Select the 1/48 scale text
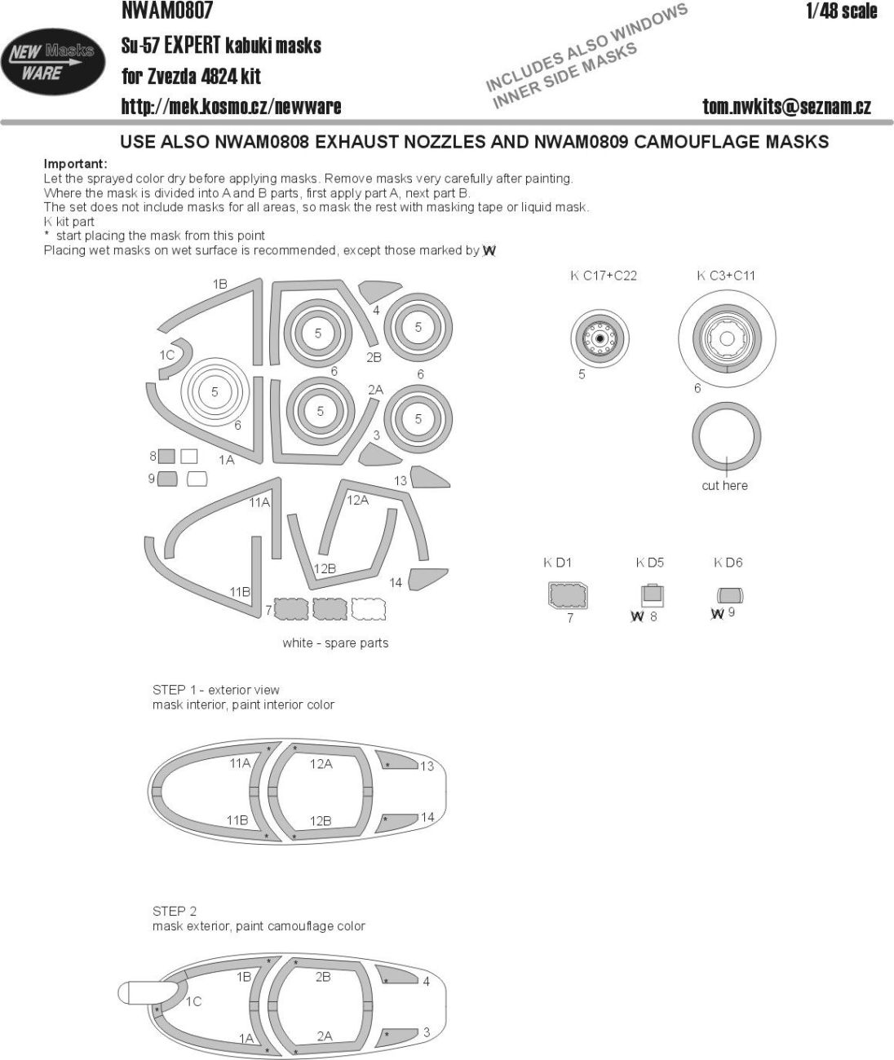coord(841,11)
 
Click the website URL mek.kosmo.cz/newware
coord(231,106)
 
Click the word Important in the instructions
coord(75,164)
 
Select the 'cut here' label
coord(724,485)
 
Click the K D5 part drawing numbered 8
coord(650,594)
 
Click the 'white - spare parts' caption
coord(335,643)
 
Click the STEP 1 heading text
coord(216,690)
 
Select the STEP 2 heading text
coord(175,911)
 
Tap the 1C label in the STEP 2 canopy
coord(193,1002)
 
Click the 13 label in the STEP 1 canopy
coord(427,766)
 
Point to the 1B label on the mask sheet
coord(219,284)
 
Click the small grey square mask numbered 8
coord(166,457)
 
